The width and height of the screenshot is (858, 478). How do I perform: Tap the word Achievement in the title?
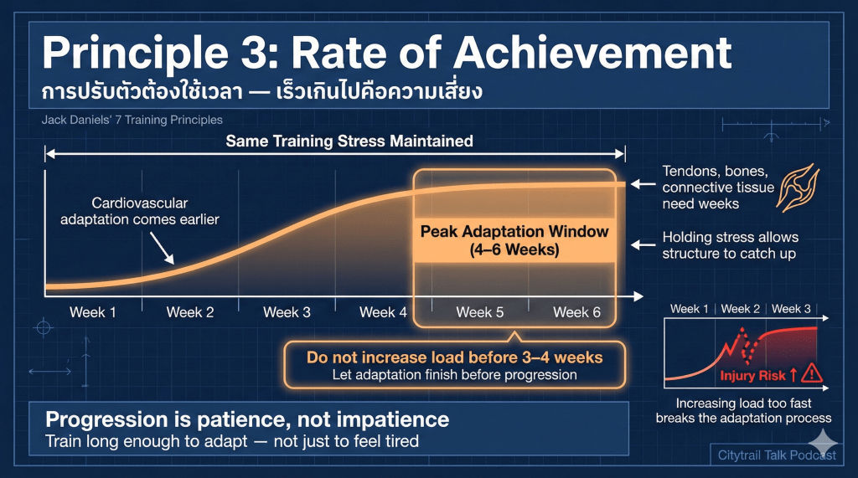[592, 53]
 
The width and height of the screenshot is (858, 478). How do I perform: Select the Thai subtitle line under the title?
[262, 90]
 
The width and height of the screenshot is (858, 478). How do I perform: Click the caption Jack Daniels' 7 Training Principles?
[132, 120]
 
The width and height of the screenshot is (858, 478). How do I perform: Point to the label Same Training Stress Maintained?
[349, 141]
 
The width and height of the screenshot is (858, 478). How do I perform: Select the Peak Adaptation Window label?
[514, 240]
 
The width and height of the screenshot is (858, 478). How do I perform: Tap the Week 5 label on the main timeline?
[480, 312]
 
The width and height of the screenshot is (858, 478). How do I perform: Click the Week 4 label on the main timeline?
[383, 312]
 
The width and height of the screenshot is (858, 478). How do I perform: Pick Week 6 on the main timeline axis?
[576, 312]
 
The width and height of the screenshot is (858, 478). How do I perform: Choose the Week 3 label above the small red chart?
[791, 309]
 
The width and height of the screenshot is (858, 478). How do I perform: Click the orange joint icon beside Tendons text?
[798, 188]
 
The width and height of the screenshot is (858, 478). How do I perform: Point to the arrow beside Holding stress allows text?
[643, 244]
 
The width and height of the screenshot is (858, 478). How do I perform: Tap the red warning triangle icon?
[812, 373]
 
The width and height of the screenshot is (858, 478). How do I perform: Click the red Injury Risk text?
[752, 376]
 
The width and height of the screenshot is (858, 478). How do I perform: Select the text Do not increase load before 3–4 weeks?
[455, 357]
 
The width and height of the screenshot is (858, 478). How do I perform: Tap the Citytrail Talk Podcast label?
[777, 455]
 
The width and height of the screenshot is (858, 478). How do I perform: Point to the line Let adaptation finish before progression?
[455, 375]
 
